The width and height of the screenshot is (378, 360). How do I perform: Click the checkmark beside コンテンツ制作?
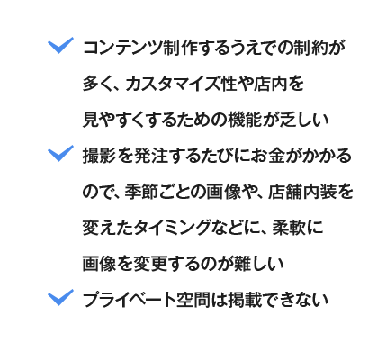pos(60,45)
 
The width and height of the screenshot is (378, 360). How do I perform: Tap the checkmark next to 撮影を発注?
pos(60,153)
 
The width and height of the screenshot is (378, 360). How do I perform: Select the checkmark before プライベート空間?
pos(60,297)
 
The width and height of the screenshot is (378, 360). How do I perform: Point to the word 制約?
pos(310,48)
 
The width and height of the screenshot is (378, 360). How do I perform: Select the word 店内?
pos(270,84)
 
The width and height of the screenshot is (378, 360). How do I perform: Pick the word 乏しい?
pos(304,120)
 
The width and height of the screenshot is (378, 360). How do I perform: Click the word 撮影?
pos(99,156)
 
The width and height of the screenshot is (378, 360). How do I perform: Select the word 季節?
pos(141,192)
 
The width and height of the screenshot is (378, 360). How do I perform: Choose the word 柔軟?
pos(289,228)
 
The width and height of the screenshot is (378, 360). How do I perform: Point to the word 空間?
pos(193,300)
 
